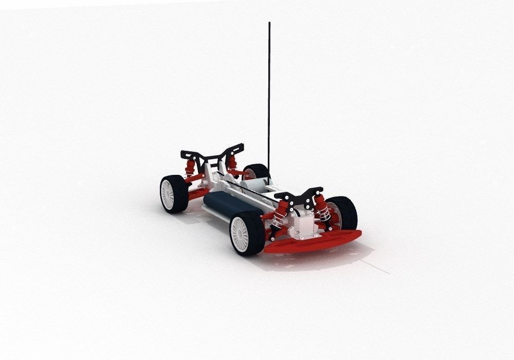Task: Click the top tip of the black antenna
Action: click(269, 24)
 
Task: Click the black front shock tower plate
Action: click(299, 195)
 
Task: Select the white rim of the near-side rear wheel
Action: click(169, 194)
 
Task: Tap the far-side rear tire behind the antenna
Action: click(257, 171)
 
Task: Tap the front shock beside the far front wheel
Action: click(323, 209)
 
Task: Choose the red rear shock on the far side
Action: click(232, 163)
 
